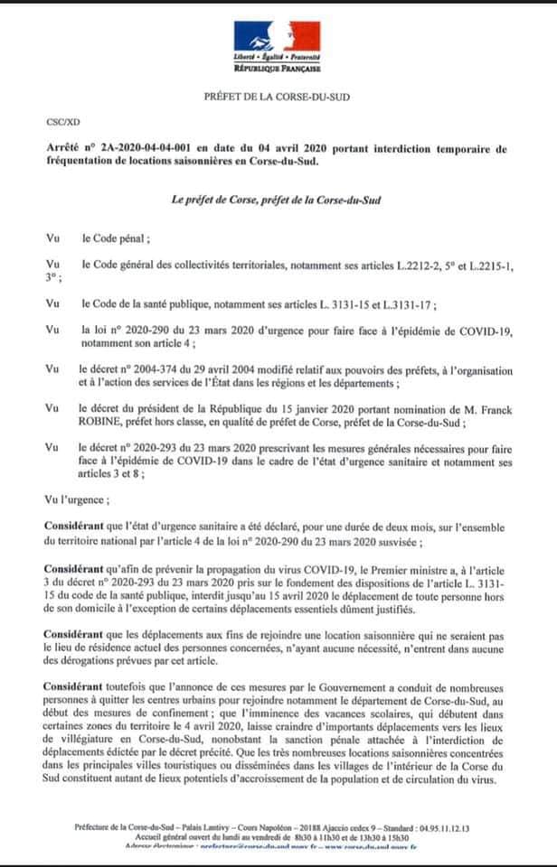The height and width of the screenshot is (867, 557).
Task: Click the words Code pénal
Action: pyautogui.click(x=116, y=239)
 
